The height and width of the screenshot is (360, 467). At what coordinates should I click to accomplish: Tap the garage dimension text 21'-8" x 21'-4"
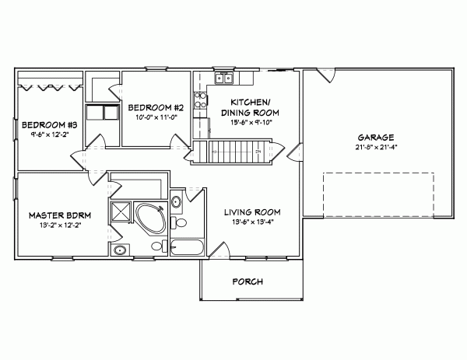pos(376,146)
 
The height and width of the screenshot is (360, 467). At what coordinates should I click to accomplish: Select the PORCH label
pos(248,281)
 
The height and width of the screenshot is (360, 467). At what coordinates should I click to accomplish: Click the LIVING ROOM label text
pos(252,212)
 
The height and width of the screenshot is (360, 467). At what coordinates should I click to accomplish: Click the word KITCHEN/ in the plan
pos(251,102)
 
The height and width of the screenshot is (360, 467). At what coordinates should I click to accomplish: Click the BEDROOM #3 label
pos(48,124)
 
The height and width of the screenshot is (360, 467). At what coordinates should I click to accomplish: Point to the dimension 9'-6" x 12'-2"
pos(48,135)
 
